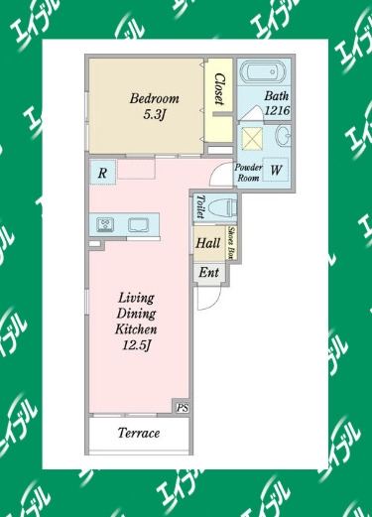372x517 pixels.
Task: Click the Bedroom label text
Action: pyautogui.click(x=155, y=98)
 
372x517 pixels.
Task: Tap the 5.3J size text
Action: pyautogui.click(x=154, y=114)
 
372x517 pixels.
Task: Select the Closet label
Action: pyautogui.click(x=219, y=89)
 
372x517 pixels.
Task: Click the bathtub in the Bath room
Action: pyautogui.click(x=264, y=71)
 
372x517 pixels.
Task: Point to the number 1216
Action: pyautogui.click(x=277, y=110)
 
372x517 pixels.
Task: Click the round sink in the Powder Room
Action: pyautogui.click(x=284, y=136)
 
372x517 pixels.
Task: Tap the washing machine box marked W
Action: pyautogui.click(x=275, y=170)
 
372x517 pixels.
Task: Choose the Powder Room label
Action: pyautogui.click(x=248, y=173)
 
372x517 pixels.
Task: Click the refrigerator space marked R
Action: pyautogui.click(x=102, y=173)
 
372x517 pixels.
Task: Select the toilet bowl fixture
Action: pyautogui.click(x=223, y=208)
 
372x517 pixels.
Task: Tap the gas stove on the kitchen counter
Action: pyautogui.click(x=105, y=225)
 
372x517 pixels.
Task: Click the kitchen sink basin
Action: pyautogui.click(x=139, y=225)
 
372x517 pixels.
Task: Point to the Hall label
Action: pyautogui.click(x=207, y=243)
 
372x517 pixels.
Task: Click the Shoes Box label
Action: pyautogui.click(x=232, y=243)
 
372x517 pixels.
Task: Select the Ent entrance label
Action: pyautogui.click(x=208, y=273)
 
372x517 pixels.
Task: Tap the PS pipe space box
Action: pyautogui.click(x=183, y=408)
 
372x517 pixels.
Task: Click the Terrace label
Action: pyautogui.click(x=139, y=433)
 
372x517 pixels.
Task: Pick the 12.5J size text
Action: pyautogui.click(x=137, y=345)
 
